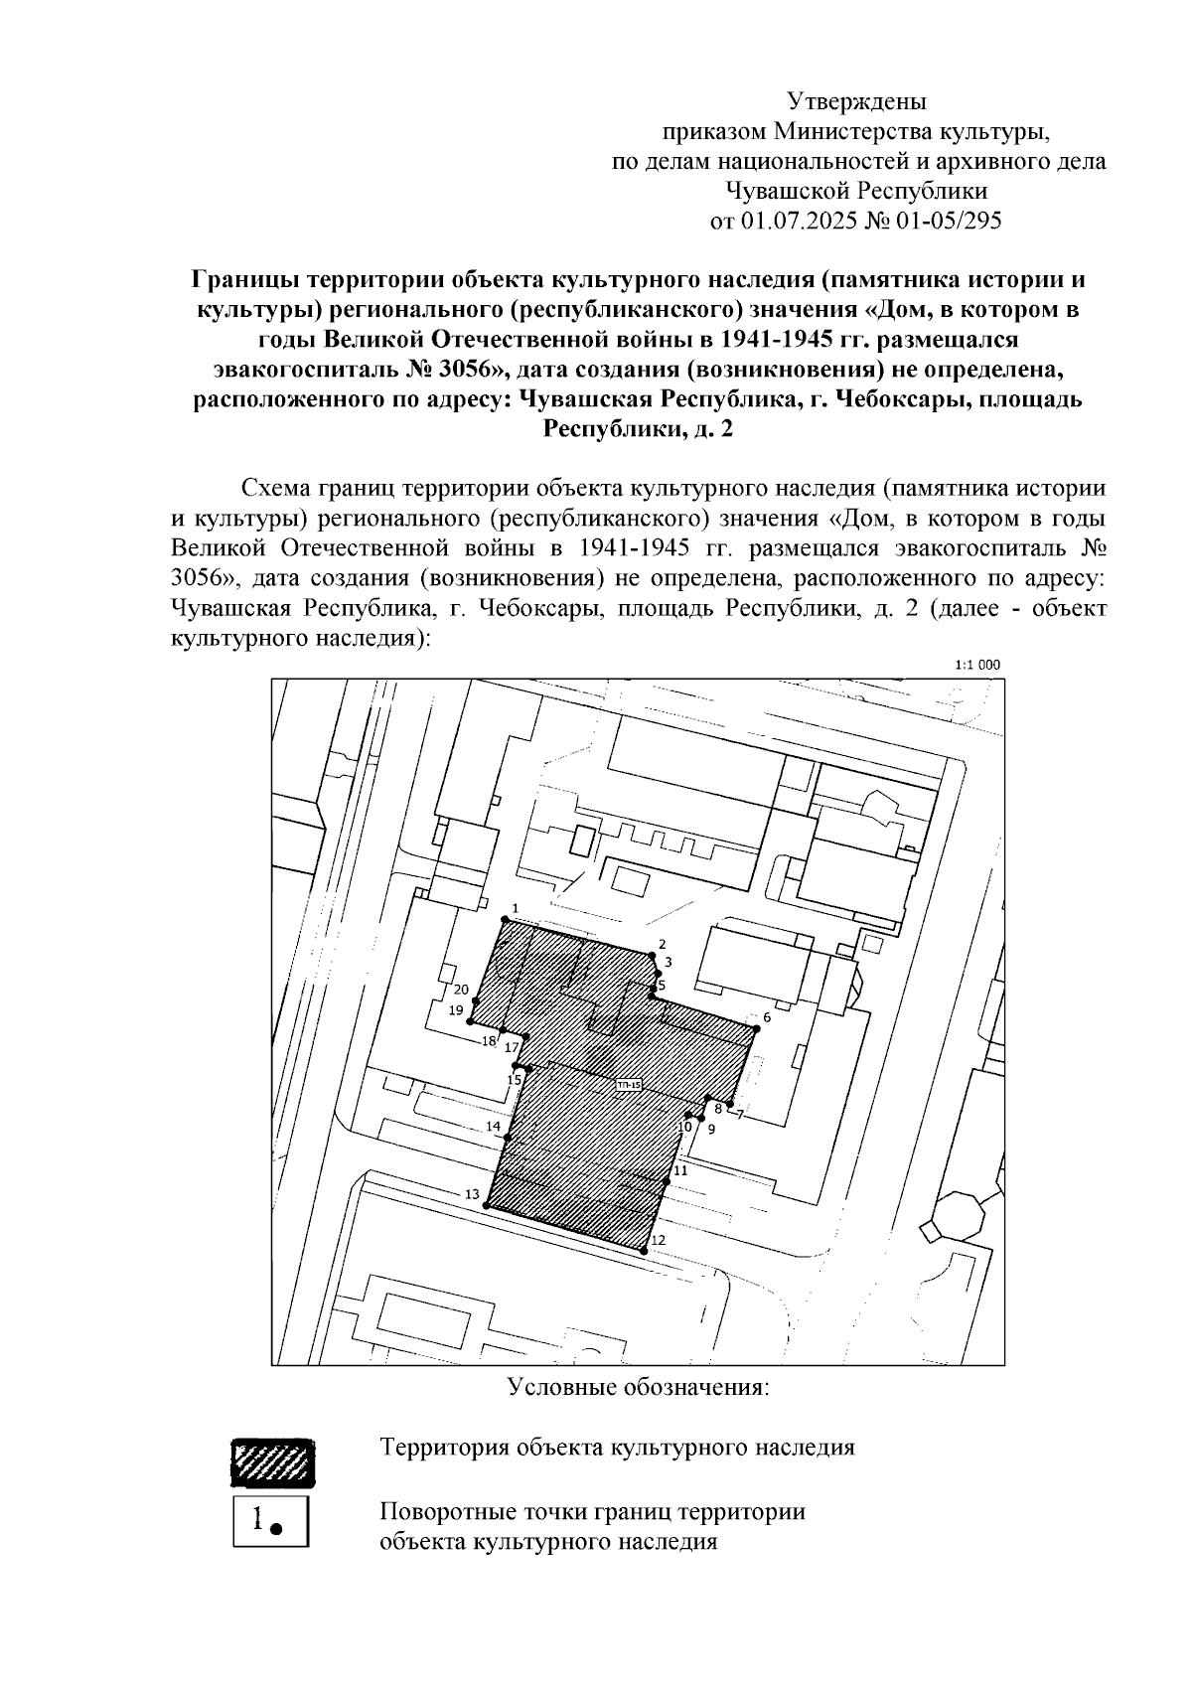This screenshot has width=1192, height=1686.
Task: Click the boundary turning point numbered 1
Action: coord(505,921)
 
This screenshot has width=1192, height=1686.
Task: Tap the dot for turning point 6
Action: coord(756,1028)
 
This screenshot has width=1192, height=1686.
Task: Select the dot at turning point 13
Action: coord(487,1205)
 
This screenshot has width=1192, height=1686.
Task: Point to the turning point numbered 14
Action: coord(508,1138)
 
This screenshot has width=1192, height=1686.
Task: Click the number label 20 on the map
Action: coord(461,990)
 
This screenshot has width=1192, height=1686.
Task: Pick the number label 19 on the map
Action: coord(456,1010)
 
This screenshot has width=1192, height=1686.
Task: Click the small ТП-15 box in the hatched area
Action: coord(629,1085)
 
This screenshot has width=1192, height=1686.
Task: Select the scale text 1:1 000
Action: coord(976,666)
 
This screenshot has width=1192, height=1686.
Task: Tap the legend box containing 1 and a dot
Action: coord(271,1520)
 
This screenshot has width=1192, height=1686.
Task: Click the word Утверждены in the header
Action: coord(856,100)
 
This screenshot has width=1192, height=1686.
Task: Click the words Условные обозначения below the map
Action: coord(639,1387)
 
